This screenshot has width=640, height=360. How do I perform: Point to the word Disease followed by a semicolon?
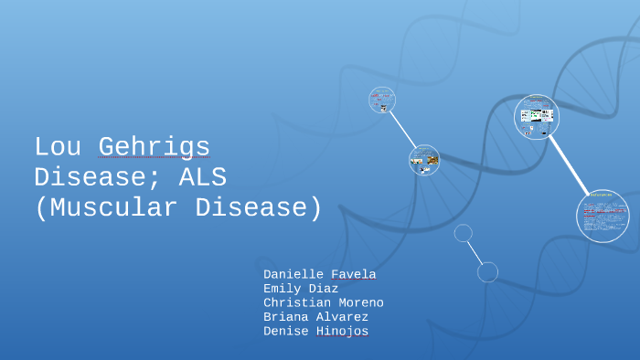point(92,176)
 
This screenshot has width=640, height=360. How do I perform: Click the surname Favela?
point(356,274)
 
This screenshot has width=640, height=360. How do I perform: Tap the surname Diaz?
point(325,289)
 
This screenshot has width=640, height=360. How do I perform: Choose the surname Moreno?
point(363,302)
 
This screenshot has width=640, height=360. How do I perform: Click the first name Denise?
point(287,331)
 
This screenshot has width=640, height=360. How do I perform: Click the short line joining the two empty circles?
point(475,252)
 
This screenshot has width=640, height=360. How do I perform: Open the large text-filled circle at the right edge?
point(603,216)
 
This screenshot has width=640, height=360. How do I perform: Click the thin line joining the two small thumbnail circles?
point(403,129)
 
